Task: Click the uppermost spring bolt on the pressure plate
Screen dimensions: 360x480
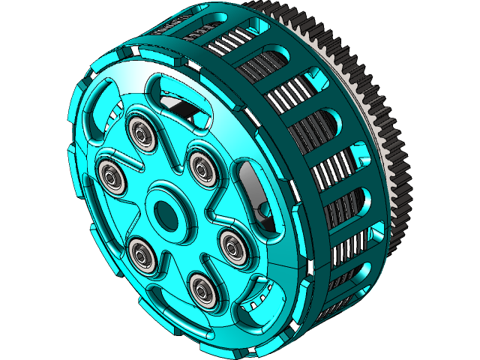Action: (140, 133)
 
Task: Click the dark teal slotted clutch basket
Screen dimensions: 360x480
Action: (330, 187)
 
